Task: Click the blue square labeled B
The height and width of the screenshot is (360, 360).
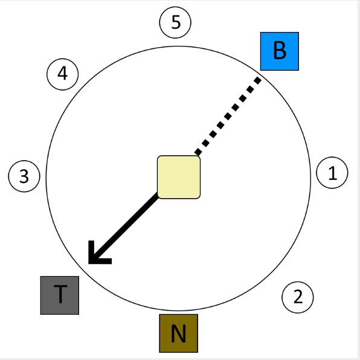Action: (280, 51)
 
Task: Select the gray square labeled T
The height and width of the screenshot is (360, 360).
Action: (60, 295)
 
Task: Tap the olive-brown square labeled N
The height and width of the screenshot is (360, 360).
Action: (179, 333)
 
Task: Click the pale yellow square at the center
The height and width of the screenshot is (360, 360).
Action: (179, 177)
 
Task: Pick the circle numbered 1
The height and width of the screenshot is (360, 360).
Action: (332, 173)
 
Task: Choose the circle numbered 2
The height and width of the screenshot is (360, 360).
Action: (298, 297)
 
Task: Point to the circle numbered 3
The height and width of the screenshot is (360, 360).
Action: (24, 176)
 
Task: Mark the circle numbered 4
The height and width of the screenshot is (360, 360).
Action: (63, 74)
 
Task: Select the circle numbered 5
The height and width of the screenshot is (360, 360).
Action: (175, 22)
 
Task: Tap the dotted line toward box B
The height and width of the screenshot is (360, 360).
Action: (228, 116)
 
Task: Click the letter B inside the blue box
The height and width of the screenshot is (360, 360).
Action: (280, 51)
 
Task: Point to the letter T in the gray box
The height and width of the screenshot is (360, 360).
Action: (60, 294)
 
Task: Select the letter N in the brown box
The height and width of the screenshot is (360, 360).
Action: (178, 333)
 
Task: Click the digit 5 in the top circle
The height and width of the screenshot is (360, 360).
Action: (176, 22)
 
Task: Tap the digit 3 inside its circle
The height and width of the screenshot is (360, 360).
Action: (24, 176)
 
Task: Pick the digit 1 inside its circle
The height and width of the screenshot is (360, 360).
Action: (333, 173)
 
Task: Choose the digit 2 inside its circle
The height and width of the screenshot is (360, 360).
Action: (298, 297)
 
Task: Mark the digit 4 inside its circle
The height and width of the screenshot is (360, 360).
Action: (62, 74)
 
